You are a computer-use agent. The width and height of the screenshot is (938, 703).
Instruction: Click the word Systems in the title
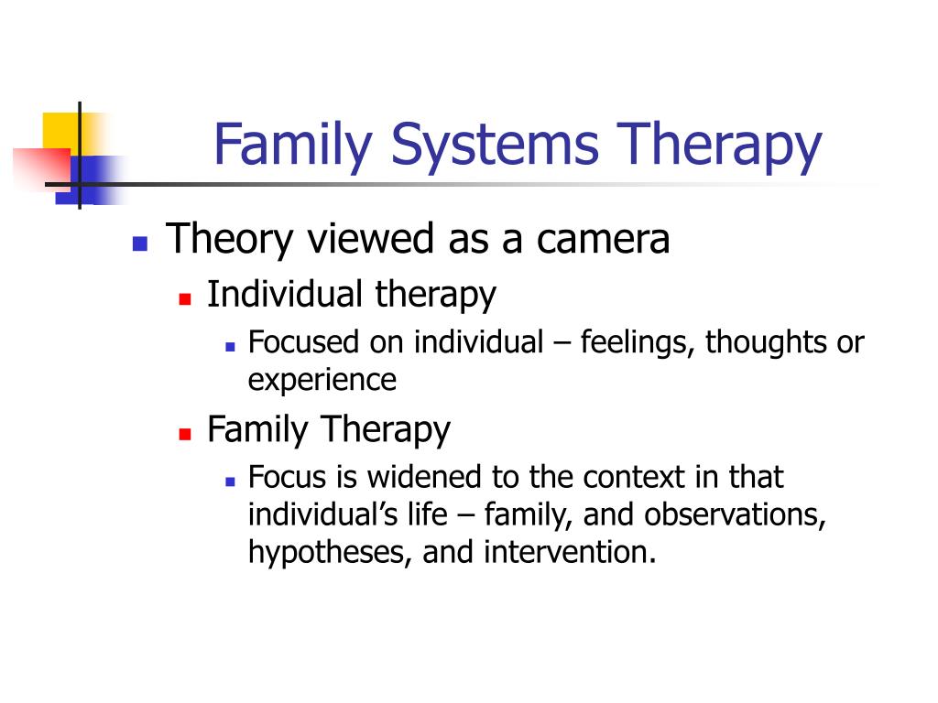pos(495,146)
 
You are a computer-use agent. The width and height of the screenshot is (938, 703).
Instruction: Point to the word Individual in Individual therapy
pos(285,294)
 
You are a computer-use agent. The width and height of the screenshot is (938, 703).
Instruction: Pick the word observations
pos(735,515)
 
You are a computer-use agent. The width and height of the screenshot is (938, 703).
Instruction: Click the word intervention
pos(570,552)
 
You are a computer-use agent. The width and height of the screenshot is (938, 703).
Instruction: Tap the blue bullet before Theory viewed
pos(140,243)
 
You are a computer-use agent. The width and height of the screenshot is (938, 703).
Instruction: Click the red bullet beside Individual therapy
pos(185,298)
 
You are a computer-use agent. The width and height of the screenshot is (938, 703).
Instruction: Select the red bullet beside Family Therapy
pos(185,433)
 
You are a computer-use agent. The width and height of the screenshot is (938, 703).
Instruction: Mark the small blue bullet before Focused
pos(230,347)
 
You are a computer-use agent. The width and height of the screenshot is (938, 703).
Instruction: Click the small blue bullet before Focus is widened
pos(230,481)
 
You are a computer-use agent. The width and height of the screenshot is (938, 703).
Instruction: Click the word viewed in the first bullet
pos(370,238)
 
